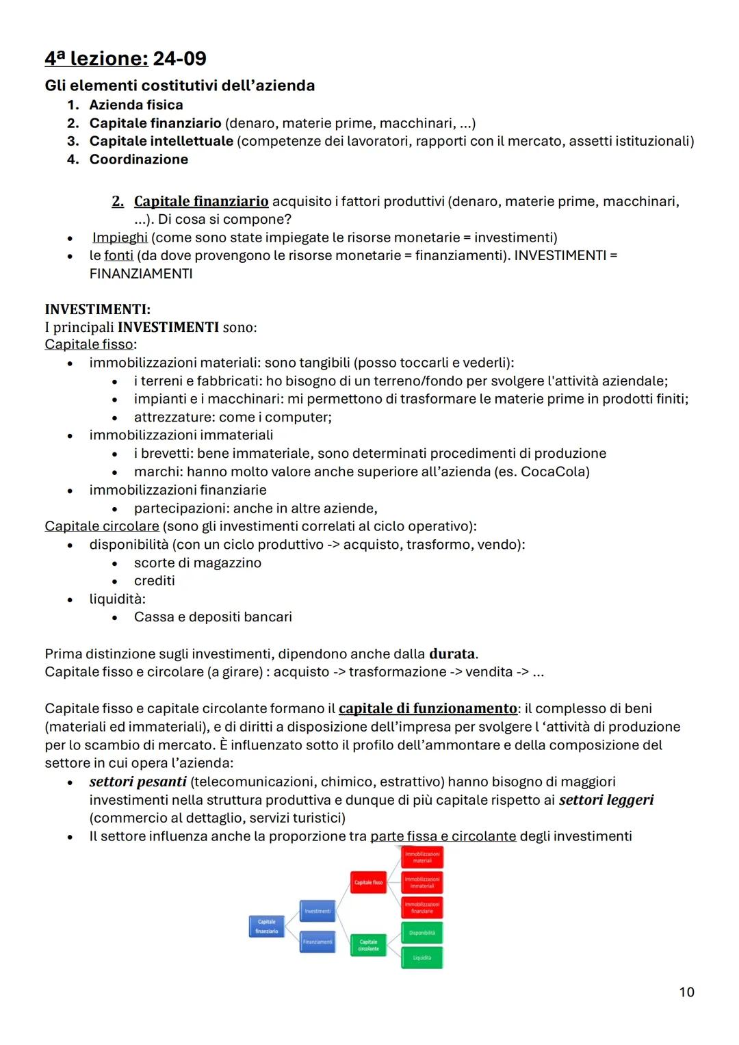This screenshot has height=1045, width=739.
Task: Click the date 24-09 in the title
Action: [179, 59]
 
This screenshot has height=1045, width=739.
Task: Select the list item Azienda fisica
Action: [135, 105]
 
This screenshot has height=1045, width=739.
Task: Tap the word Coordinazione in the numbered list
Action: [138, 159]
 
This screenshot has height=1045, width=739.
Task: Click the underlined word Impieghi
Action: [120, 237]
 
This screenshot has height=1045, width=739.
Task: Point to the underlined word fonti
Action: [118, 255]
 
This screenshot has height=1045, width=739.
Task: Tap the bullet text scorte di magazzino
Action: [197, 563]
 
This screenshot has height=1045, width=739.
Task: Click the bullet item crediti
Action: [154, 580]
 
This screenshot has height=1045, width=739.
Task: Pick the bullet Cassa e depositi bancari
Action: [213, 617]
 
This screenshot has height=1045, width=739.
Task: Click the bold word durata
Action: [452, 654]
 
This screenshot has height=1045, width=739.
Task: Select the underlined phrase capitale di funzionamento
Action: [428, 708]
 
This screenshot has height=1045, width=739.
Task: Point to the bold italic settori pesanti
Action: [138, 782]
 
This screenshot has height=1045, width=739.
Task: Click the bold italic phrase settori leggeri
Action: [606, 800]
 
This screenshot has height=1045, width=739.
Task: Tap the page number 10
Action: [686, 992]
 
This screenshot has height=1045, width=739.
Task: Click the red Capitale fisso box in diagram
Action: [368, 882]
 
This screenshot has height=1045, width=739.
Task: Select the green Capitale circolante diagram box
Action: [368, 945]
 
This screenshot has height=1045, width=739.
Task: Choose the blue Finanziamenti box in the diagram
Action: [317, 942]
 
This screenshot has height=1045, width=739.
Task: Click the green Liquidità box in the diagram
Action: [422, 957]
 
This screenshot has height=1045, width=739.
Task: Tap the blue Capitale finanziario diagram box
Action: [266, 926]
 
